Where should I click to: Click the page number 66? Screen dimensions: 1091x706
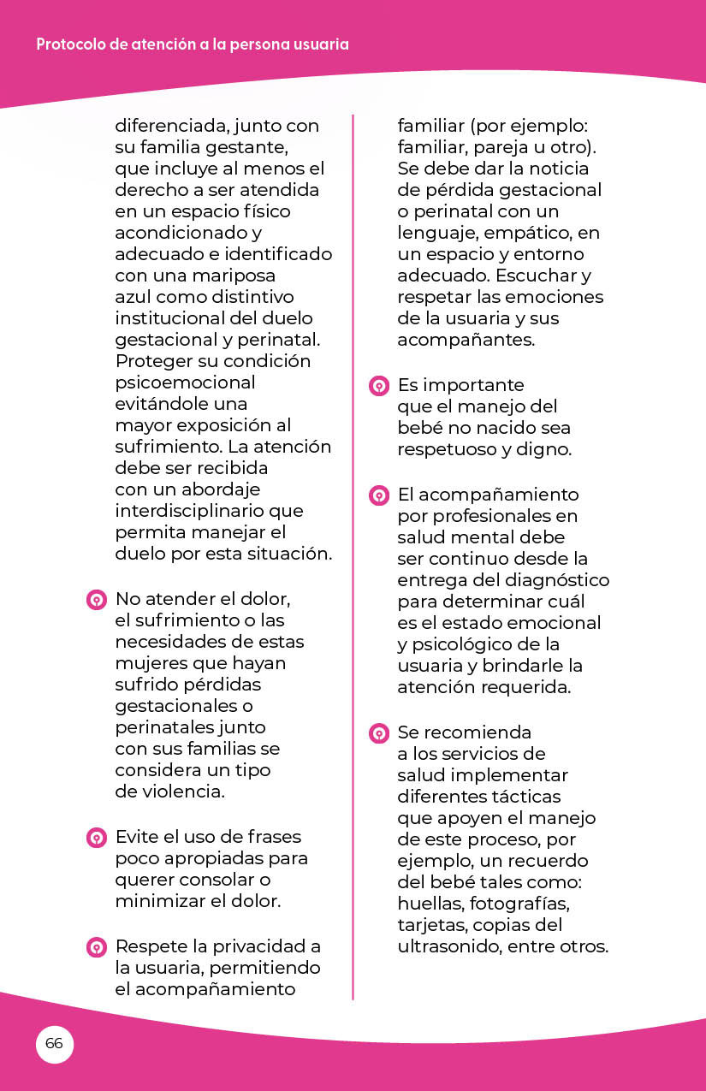[x=54, y=1044]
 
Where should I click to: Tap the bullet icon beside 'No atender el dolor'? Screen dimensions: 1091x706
[x=97, y=600]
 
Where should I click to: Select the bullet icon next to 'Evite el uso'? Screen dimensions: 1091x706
[x=97, y=838]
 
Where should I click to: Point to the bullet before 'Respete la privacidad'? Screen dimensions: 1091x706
[x=97, y=947]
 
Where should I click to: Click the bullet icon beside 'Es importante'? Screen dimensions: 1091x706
[x=378, y=386]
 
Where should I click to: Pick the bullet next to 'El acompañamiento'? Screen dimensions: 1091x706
[x=378, y=495]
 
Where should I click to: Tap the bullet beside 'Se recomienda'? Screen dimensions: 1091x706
[x=378, y=733]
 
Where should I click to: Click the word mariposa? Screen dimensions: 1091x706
[x=227, y=276]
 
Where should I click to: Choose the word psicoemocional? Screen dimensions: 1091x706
[x=185, y=382]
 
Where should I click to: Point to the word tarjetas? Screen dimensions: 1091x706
[x=430, y=925]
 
